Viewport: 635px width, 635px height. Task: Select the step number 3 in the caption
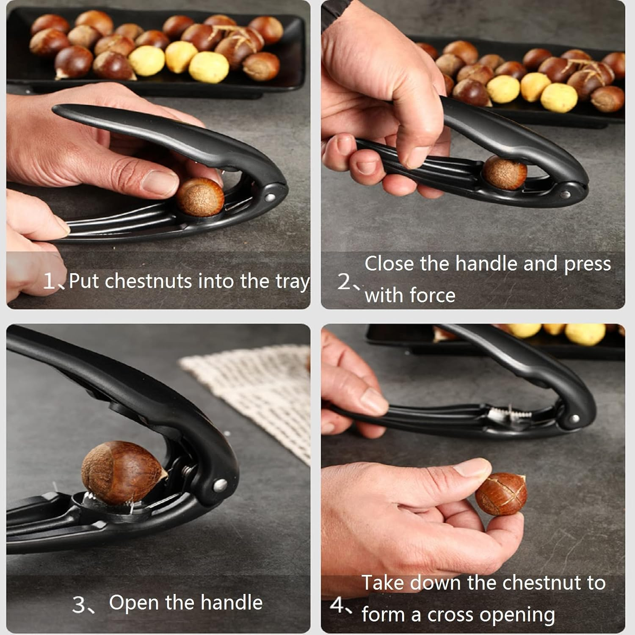pos(79,605)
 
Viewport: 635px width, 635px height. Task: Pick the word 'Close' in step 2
pos(389,264)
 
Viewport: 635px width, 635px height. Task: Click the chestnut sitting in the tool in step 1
pos(200,197)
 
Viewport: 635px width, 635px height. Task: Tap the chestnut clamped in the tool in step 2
pos(505,172)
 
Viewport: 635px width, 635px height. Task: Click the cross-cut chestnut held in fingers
pos(501,494)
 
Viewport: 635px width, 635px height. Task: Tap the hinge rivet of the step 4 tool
pos(574,419)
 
